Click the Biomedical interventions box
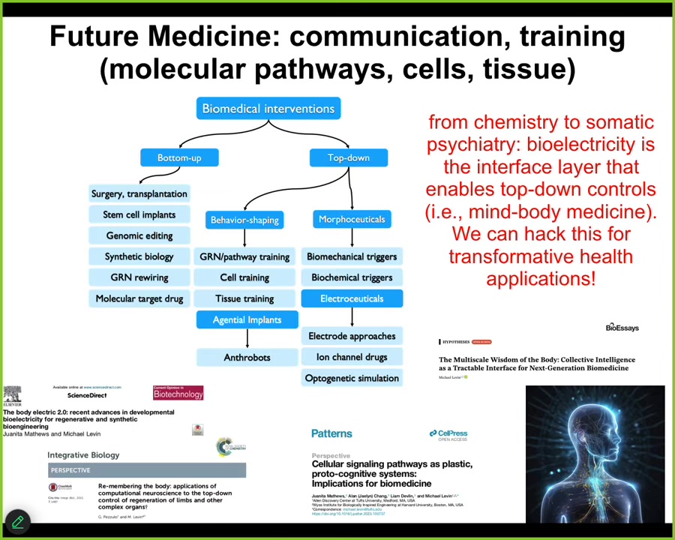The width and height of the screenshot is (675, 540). tap(268, 109)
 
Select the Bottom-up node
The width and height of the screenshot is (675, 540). tap(179, 157)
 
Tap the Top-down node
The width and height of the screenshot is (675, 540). tap(348, 157)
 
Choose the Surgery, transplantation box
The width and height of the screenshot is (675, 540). tap(139, 193)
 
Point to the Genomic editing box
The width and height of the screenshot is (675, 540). tap(139, 235)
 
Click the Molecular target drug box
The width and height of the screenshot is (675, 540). tap(139, 298)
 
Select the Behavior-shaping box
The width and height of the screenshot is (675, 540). tap(244, 220)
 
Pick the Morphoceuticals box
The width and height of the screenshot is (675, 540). tap(352, 219)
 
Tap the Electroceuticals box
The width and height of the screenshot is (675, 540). tap(352, 298)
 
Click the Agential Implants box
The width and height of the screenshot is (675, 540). tap(247, 319)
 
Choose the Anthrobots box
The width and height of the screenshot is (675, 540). tap(247, 357)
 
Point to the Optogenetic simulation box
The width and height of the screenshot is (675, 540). tap(352, 378)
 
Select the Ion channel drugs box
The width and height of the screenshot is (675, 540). tap(352, 357)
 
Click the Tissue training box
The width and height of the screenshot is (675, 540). tap(244, 298)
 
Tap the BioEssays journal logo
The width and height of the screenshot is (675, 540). tap(622, 328)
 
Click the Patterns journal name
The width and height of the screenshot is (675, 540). tap(331, 433)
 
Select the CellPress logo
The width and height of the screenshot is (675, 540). tap(448, 434)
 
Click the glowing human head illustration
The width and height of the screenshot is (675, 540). tap(595, 454)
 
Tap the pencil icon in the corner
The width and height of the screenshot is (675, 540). tap(17, 522)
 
